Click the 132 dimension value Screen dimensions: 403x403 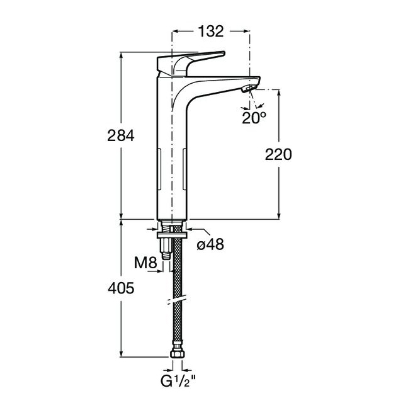(x=211, y=31)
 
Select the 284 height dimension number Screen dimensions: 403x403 (x=121, y=135)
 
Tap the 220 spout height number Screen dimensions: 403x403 (x=278, y=154)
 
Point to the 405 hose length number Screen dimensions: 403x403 (x=121, y=288)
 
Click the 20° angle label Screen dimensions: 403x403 (x=254, y=118)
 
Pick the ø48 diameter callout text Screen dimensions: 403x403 (x=210, y=244)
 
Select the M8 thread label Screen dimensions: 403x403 (x=145, y=263)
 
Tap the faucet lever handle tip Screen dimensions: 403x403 (x=223, y=54)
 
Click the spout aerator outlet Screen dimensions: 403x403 (x=249, y=89)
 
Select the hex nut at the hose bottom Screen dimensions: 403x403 (x=178, y=354)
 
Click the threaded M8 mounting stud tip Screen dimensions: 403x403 (x=166, y=256)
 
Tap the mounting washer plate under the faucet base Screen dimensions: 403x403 (x=173, y=235)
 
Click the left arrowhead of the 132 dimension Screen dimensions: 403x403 (x=174, y=31)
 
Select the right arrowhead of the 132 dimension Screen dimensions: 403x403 (x=247, y=31)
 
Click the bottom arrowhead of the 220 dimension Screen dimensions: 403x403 (x=279, y=217)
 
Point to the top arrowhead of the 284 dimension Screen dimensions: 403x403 (x=121, y=55)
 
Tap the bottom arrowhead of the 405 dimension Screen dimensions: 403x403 (x=121, y=353)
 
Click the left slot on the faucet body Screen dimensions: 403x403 (x=159, y=170)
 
